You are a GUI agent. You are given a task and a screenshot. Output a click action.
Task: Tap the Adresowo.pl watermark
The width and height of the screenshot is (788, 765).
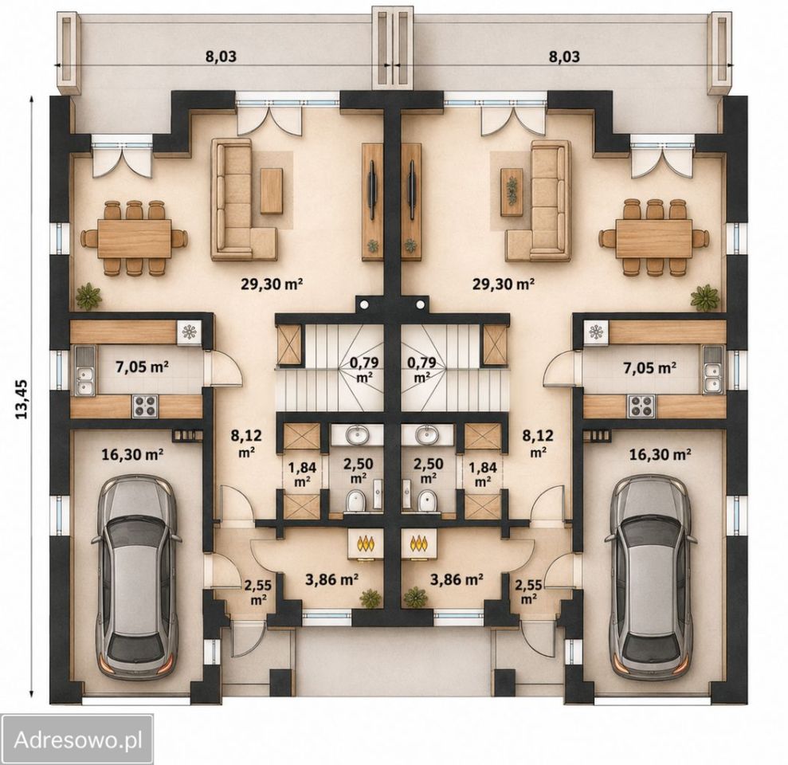77,739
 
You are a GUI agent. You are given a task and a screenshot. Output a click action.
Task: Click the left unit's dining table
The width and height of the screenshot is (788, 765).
134,238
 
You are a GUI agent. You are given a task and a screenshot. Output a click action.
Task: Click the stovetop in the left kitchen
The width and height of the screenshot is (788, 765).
145,406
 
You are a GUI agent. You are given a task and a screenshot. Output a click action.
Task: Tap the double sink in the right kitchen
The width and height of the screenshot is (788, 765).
712,370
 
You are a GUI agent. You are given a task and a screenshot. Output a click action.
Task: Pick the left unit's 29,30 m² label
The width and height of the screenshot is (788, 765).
272,284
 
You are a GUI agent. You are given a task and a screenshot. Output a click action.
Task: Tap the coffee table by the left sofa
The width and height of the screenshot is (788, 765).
272,191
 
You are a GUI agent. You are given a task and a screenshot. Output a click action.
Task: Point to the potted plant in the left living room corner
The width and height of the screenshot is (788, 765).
89,296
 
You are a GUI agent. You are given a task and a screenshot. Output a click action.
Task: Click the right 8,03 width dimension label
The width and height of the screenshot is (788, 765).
564,57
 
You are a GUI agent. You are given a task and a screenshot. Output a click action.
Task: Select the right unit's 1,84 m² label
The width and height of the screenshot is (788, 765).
483,474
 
